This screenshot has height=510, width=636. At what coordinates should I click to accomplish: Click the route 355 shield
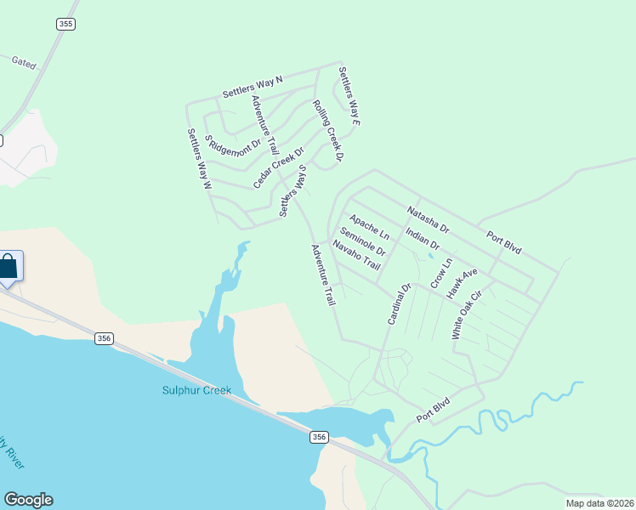click(x=65, y=25)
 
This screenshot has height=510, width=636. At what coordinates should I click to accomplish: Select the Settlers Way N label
click(x=252, y=87)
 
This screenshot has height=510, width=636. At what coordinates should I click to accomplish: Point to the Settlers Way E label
click(x=350, y=97)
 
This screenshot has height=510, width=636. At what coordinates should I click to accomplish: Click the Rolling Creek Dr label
click(x=327, y=131)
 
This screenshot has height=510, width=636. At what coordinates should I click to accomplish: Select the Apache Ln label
click(x=369, y=225)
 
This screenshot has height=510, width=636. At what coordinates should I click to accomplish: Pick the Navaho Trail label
click(x=355, y=256)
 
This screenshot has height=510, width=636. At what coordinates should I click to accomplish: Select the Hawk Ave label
click(x=463, y=282)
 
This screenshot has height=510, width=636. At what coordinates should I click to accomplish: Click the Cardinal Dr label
click(x=399, y=303)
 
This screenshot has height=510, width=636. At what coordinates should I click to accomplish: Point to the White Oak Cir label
click(x=467, y=315)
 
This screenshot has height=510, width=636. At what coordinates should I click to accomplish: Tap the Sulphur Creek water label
click(x=196, y=390)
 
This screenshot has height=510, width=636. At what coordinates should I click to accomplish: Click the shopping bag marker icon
click(x=8, y=267)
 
